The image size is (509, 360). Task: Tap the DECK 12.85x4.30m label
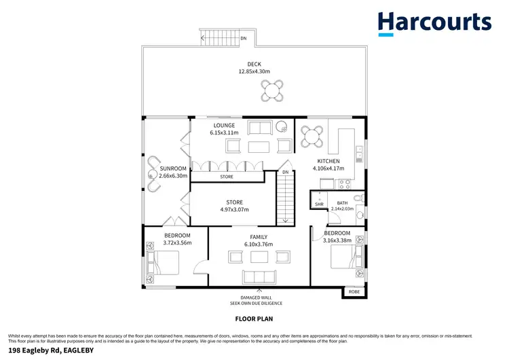coord(254,67)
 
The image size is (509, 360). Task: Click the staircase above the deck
coord(221,39)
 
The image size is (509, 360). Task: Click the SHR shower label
coord(318,203)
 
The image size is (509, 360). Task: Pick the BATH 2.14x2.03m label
coord(343,206)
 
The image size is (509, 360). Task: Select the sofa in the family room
coord(259,276)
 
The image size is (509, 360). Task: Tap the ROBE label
coord(354,291)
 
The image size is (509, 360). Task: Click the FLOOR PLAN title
coord(254,317)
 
